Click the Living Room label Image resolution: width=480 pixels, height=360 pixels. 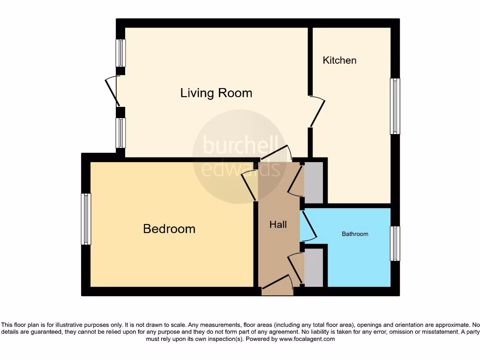216,93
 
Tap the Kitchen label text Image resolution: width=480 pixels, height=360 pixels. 339,60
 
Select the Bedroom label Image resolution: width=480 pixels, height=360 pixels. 169,229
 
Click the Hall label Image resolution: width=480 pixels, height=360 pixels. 278,225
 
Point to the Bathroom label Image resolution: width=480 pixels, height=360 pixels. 355,234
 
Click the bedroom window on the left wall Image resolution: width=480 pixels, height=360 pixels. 86,219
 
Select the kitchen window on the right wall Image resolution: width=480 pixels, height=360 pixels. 395,106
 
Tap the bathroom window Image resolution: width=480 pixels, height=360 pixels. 395,243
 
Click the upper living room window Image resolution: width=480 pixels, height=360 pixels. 121,52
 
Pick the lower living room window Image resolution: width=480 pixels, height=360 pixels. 121,133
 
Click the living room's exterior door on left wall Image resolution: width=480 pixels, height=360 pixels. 112,90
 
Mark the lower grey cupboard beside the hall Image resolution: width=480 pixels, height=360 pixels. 314,267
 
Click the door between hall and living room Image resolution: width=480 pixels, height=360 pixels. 277,154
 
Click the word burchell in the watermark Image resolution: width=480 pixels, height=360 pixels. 240,145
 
